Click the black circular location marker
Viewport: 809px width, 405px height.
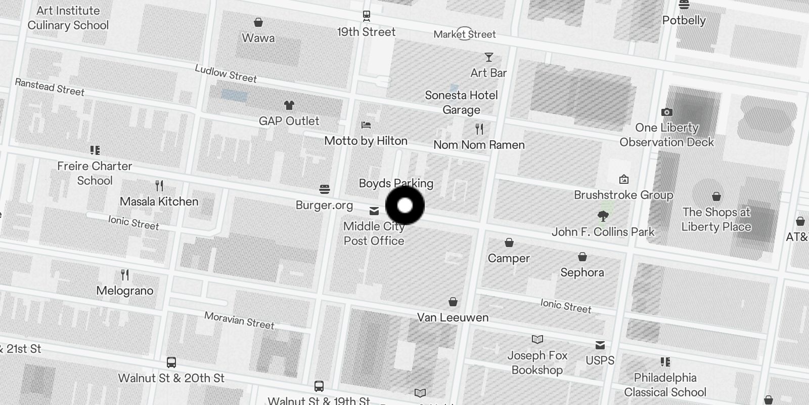[x=405, y=206]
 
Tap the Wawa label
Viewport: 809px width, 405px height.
[x=258, y=38]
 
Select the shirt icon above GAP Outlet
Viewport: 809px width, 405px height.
[x=289, y=105]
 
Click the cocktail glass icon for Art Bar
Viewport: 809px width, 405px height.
[x=488, y=57]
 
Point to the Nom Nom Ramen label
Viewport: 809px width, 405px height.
[x=479, y=145]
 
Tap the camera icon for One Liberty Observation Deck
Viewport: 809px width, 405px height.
[x=666, y=112]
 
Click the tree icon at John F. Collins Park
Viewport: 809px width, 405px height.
[x=603, y=217]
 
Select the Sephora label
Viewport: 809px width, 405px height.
[x=582, y=272]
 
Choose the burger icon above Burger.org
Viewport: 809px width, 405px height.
[x=325, y=189]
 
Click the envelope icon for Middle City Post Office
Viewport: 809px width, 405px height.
[x=374, y=211]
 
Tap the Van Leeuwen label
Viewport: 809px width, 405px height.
[x=453, y=317]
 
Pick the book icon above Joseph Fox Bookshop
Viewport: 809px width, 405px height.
[x=537, y=339]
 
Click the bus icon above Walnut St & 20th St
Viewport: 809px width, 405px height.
[x=171, y=362]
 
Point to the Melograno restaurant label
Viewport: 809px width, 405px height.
[x=125, y=291]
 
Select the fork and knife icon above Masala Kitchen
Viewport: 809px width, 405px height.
[x=159, y=186]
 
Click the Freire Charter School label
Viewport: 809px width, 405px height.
[x=95, y=173]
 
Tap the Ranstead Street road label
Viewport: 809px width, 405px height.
[x=50, y=87]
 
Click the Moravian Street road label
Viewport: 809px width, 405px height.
[x=239, y=320]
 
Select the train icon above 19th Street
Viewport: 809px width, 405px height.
[x=367, y=16]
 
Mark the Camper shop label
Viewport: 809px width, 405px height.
[x=509, y=258]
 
